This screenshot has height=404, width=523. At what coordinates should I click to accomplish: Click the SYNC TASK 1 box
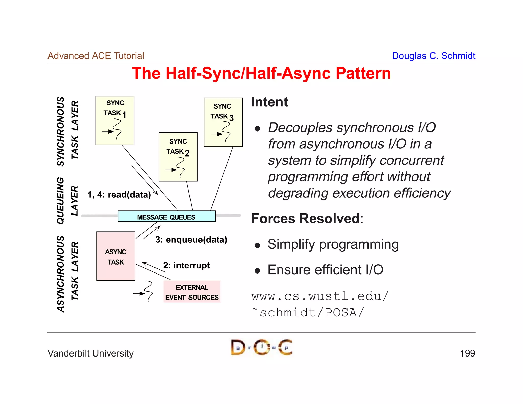[115, 120]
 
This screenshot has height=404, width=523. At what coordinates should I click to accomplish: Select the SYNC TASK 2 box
[178, 157]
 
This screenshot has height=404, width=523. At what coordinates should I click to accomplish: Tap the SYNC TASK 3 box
[223, 122]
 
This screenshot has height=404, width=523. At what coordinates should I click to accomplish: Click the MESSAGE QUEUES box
[167, 216]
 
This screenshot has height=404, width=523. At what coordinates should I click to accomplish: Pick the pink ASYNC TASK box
[116, 256]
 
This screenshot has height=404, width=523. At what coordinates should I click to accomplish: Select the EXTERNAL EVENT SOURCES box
[192, 292]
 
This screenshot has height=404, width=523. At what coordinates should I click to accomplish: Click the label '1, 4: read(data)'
[119, 195]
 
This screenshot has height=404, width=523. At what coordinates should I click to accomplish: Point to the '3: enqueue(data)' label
[191, 240]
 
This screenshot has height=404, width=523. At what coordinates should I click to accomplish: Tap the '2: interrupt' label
[186, 265]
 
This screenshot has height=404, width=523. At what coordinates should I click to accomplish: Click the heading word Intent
[269, 102]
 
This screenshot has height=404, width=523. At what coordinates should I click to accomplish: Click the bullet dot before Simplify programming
[257, 245]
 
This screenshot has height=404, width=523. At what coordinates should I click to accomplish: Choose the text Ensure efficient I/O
[325, 270]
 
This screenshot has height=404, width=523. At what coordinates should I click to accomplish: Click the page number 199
[467, 353]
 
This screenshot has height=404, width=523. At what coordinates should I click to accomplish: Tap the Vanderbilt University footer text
[90, 353]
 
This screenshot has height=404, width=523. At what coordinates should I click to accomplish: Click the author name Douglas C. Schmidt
[433, 56]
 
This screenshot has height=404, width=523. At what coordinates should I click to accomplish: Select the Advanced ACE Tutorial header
[96, 56]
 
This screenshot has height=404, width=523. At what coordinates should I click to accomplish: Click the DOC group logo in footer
[261, 347]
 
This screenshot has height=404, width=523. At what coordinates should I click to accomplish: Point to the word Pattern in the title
[363, 73]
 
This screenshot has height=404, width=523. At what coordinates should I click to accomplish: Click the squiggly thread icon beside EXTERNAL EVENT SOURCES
[148, 291]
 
